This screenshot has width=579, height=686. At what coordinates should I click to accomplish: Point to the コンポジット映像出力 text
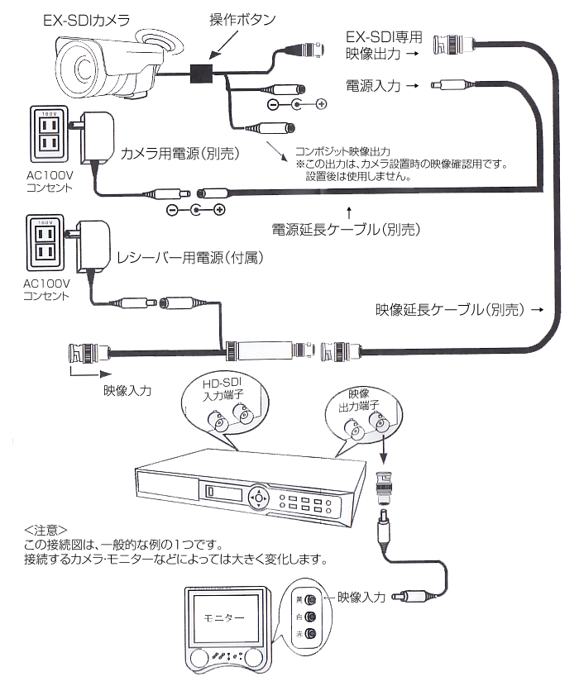tap(342, 153)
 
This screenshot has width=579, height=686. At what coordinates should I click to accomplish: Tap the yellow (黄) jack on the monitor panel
tap(309, 599)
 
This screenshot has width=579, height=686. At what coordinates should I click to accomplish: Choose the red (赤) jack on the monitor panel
tap(309, 634)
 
